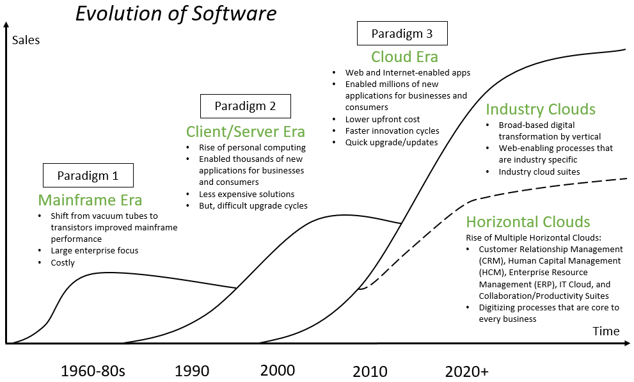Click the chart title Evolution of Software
176,14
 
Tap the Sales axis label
26,40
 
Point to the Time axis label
605,331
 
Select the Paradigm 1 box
88,175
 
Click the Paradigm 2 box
245,106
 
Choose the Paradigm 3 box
402,33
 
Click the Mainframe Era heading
90,200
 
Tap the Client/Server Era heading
246,132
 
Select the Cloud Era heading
404,57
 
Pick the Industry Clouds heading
541,109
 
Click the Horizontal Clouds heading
528,222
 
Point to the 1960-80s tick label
93,371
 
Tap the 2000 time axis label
278,370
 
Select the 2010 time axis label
370,371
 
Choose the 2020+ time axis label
466,371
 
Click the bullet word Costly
63,262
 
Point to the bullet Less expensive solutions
247,194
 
